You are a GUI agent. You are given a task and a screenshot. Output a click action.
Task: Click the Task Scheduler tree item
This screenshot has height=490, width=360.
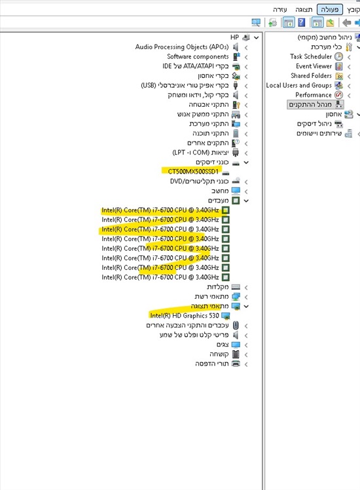311,56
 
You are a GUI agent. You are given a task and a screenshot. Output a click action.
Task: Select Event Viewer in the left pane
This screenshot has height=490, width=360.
314,66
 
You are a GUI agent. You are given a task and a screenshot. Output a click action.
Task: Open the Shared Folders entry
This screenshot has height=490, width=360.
311,76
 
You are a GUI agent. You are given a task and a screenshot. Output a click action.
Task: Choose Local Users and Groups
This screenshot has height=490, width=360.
299,85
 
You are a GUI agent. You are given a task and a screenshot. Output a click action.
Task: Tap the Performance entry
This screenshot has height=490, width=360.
313,95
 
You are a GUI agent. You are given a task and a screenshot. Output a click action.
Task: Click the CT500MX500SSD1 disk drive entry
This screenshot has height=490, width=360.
193,172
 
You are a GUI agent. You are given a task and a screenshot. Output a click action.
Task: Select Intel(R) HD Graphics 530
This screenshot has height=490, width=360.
185,316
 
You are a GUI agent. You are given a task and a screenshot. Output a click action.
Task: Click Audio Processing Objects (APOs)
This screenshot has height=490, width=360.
182,47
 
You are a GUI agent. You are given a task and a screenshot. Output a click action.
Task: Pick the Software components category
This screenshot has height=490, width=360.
198,56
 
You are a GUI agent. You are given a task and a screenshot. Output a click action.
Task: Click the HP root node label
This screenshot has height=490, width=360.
234,37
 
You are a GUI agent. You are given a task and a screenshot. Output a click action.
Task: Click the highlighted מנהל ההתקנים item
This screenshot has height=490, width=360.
310,104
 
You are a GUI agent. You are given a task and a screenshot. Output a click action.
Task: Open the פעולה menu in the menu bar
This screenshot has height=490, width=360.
330,9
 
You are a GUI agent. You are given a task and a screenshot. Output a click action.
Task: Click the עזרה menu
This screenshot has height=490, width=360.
279,9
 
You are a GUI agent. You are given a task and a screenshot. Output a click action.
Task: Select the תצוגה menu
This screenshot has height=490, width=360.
304,9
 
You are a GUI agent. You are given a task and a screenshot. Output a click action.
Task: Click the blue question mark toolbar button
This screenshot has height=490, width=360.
301,22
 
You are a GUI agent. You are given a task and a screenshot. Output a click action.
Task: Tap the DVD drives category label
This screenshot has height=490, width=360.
199,181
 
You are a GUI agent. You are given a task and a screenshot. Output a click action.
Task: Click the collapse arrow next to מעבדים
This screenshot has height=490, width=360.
246,200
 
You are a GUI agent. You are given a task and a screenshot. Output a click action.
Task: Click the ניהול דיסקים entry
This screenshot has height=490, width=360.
314,124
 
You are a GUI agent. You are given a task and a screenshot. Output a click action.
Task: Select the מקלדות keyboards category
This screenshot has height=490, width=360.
217,287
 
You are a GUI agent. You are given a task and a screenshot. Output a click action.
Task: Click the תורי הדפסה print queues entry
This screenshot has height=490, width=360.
212,364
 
